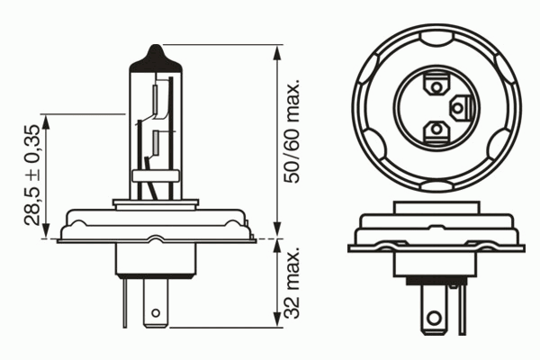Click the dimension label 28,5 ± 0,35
(32, 175)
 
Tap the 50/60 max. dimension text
(292, 131)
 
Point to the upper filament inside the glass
(156, 100)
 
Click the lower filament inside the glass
(156, 142)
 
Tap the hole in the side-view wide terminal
(156, 313)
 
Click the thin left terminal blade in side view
(125, 302)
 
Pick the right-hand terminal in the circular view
(461, 108)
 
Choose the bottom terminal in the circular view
(436, 131)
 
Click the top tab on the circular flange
(436, 39)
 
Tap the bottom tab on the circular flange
(436, 186)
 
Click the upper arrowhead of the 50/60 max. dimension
(277, 53)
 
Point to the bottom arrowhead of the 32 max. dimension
(277, 319)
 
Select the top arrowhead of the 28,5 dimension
(46, 122)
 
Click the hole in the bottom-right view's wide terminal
(435, 318)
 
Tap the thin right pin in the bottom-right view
(463, 310)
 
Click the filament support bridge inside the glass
(156, 176)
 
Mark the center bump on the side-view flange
(156, 238)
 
